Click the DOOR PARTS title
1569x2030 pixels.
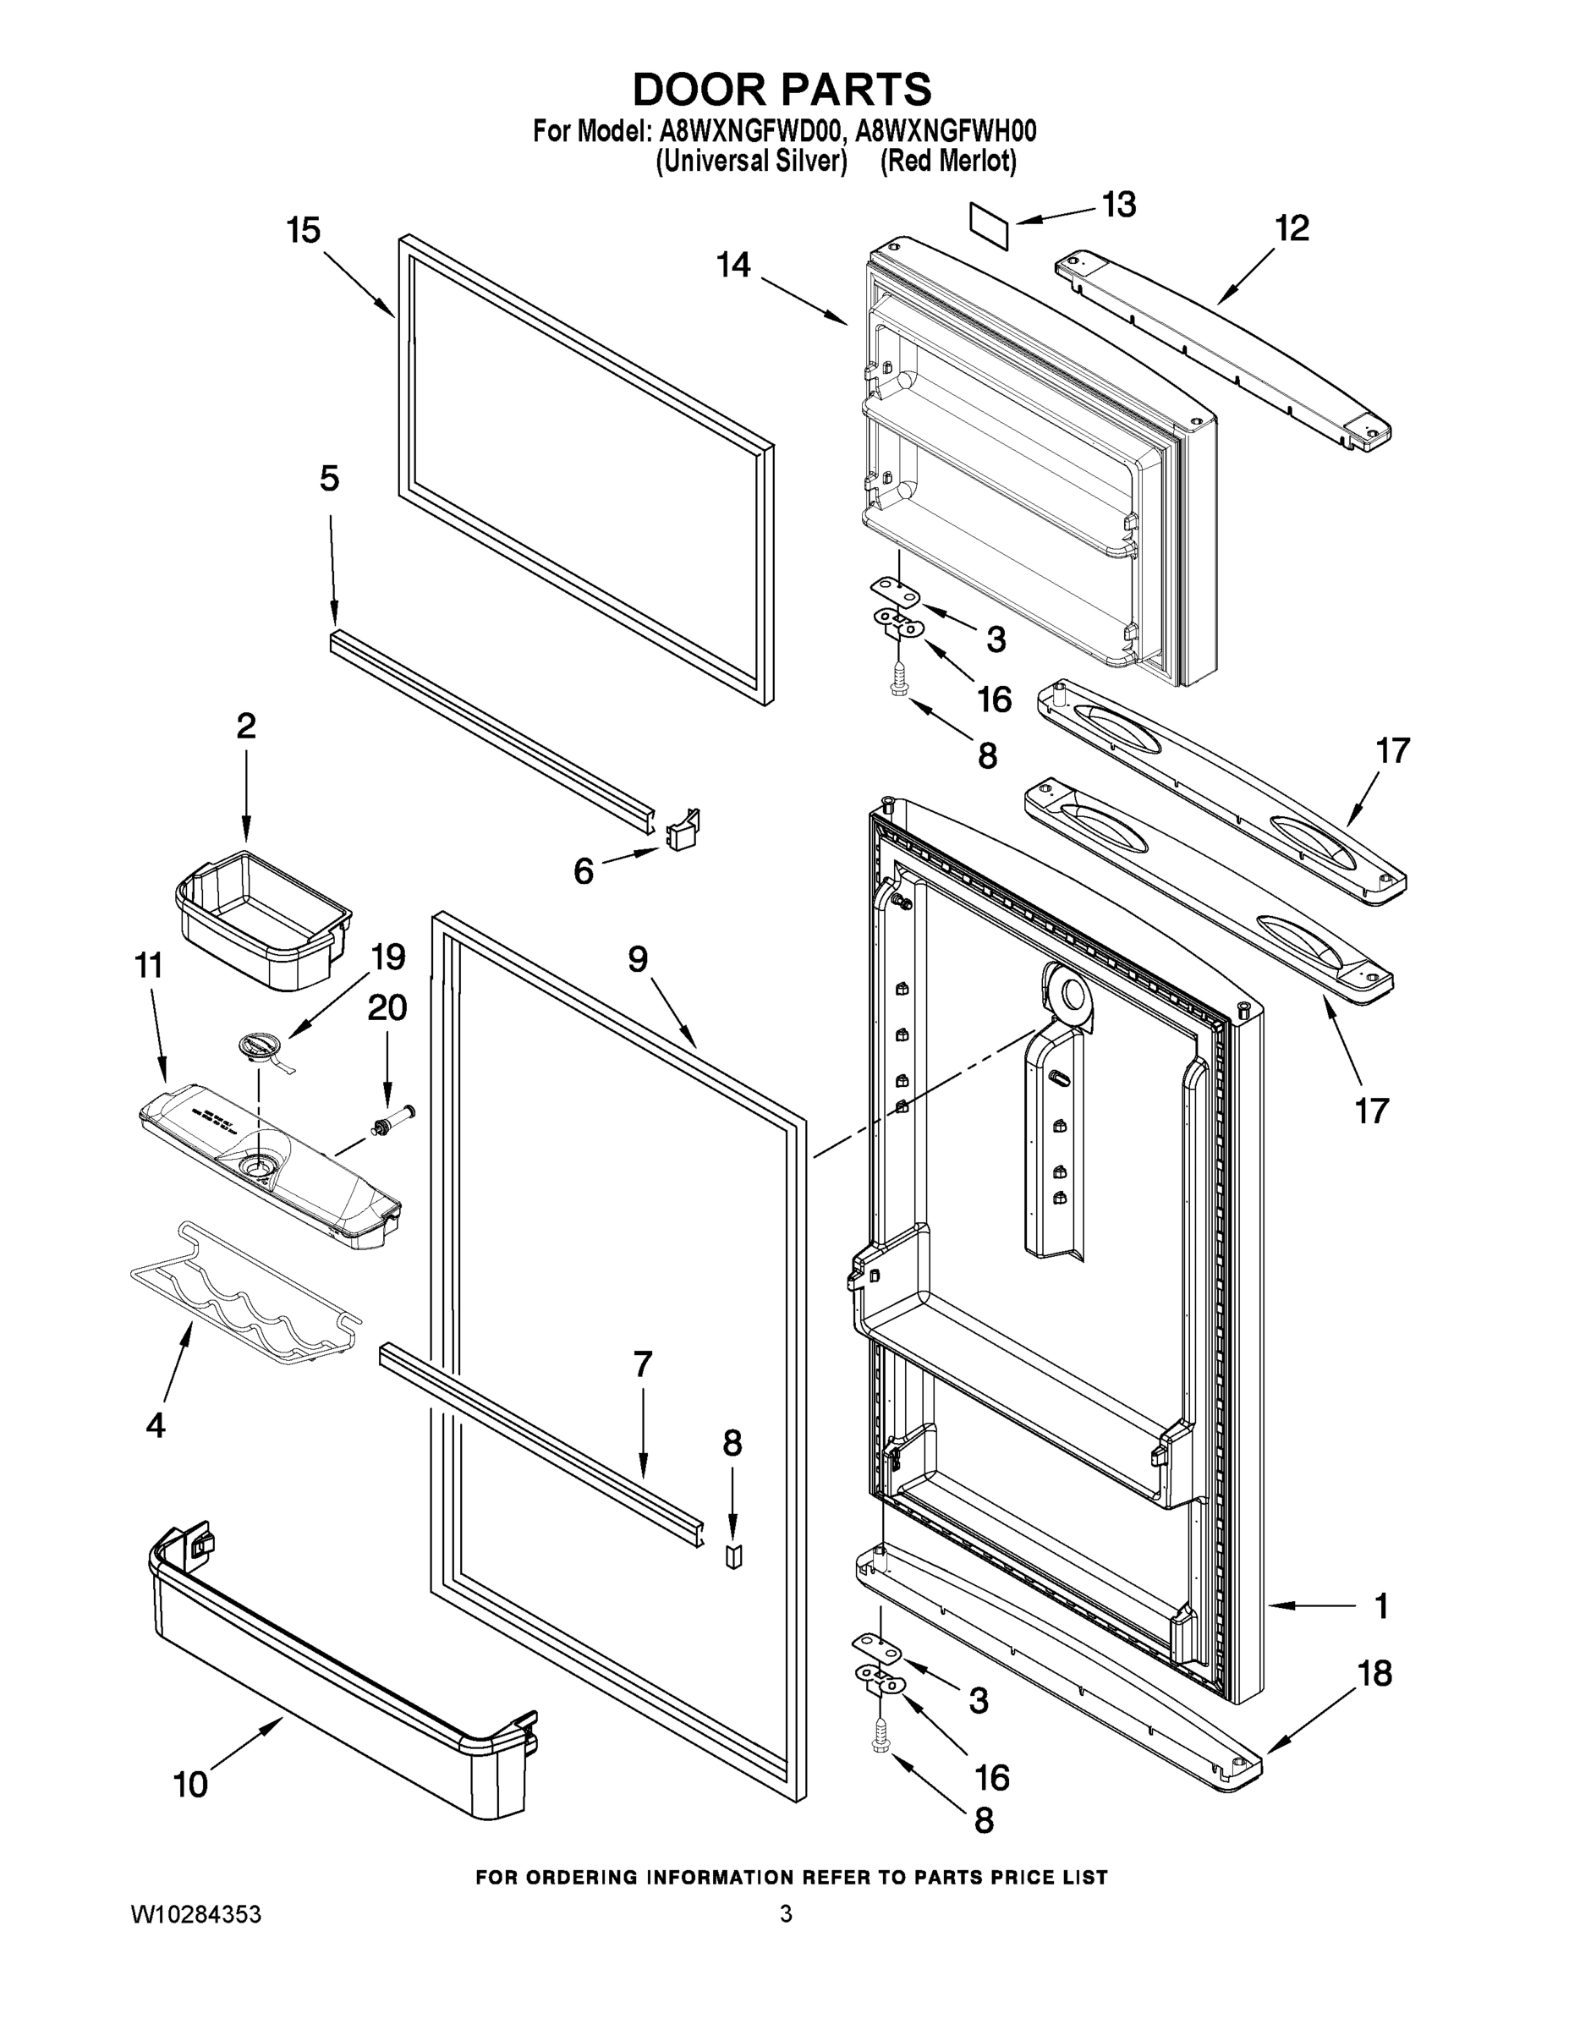click(x=782, y=91)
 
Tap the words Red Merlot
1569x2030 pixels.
click(x=948, y=162)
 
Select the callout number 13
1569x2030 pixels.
click(x=1118, y=205)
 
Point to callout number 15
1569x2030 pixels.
click(x=303, y=231)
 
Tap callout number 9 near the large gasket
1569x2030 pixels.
click(x=637, y=959)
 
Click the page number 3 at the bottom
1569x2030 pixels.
click(x=786, y=1914)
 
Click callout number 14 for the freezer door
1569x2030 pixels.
click(x=732, y=266)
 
